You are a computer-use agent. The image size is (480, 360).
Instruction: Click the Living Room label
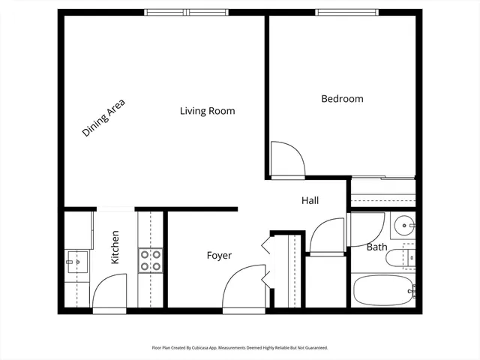pos(207,111)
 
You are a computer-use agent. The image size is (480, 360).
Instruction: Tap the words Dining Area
pos(103,118)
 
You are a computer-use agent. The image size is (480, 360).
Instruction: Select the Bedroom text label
pos(342,99)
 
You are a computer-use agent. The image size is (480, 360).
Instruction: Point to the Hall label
pos(310,200)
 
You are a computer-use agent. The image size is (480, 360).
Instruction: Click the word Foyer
pos(219,256)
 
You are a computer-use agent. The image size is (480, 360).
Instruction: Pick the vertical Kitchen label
pos(115,247)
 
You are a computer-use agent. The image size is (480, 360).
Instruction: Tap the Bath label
pos(376,247)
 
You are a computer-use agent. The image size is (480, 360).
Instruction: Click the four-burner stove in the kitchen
pos(150,260)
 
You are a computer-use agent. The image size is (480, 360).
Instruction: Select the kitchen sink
pos(75,262)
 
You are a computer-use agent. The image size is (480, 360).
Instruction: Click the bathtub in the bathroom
pos(382,290)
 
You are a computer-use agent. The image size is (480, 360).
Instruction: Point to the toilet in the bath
pos(397,259)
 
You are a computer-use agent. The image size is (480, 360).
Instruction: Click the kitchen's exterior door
pos(109,292)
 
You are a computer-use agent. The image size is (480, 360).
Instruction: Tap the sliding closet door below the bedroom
pos(382,178)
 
